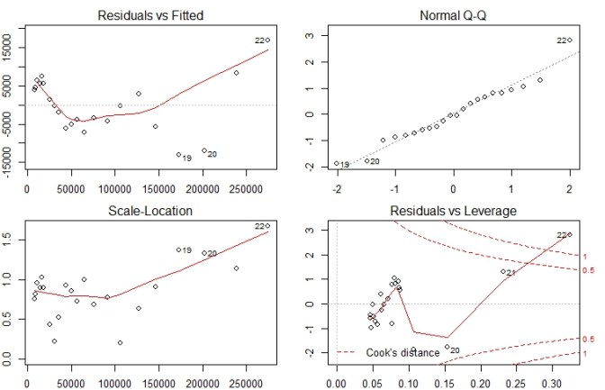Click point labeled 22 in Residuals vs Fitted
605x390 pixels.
click(267, 41)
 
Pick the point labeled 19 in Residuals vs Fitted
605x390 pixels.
click(178, 154)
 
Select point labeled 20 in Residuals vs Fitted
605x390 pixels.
click(204, 150)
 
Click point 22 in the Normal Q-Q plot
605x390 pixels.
click(570, 40)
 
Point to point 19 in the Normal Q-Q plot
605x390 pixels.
click(337, 164)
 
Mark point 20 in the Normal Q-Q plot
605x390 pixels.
click(366, 160)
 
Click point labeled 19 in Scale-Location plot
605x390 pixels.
click(178, 249)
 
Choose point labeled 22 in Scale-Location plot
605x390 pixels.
click(267, 226)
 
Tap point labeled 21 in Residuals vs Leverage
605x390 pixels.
click(502, 272)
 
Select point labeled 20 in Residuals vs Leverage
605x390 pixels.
click(447, 347)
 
